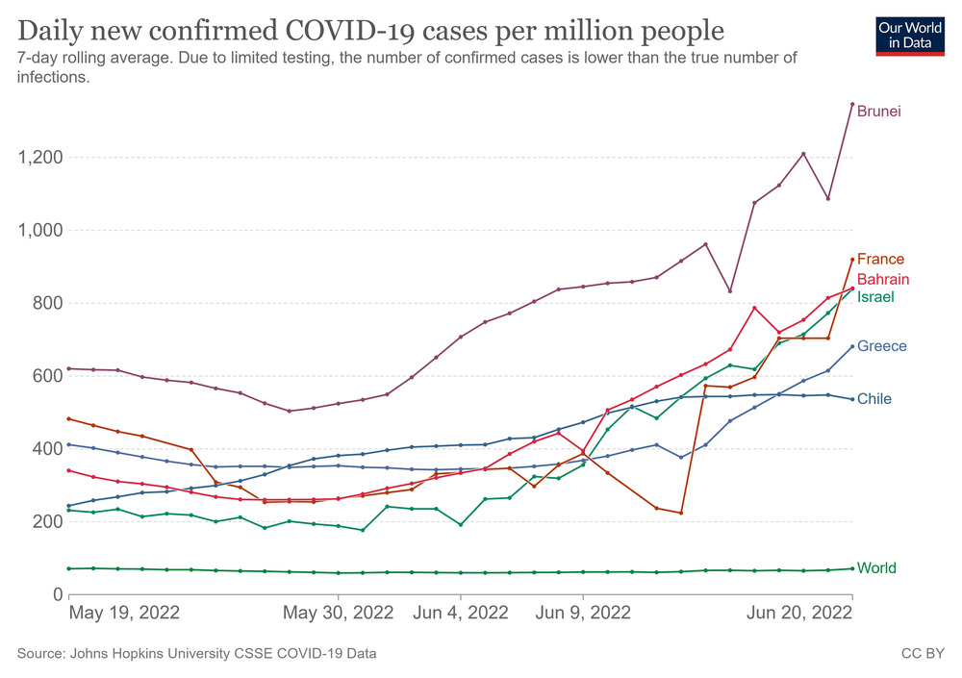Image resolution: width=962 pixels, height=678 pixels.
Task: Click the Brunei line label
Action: pos(879,112)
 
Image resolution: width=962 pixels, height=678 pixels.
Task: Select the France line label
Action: pos(880,260)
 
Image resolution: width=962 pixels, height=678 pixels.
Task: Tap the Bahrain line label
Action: pos(883,279)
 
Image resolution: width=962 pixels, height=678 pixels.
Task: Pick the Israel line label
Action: pos(875,297)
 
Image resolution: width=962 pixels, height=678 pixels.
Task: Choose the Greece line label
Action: pos(881,346)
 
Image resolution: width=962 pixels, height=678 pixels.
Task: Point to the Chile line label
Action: pos(874,399)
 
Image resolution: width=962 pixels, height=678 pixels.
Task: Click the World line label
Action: pos(876,568)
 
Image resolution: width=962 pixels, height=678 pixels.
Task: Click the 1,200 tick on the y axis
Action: pos(40,158)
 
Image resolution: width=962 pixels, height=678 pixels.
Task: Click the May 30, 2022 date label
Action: pos(338,613)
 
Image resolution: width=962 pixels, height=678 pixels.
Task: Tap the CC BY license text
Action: pos(921,654)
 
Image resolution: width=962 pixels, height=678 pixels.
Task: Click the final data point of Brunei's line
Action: pos(852,104)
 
